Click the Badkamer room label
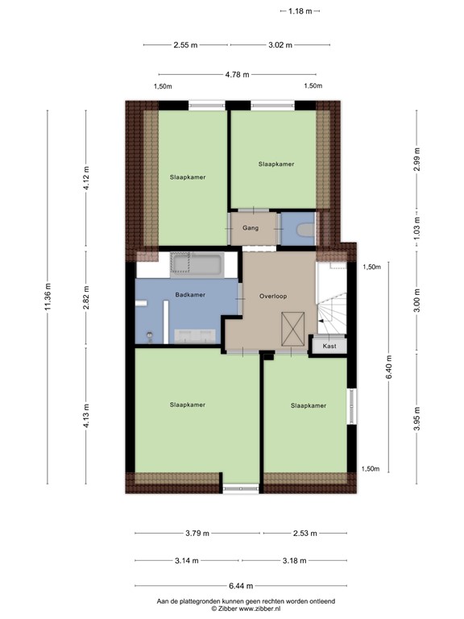coord(191,295)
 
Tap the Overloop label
coord(273,296)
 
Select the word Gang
coord(250,228)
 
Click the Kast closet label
coord(329,346)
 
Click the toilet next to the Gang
coord(304,231)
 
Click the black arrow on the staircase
coord(322,322)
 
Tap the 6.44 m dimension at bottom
coord(240,586)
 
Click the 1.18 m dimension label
coord(300,10)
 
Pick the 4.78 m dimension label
coord(237,74)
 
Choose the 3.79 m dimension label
coord(196,533)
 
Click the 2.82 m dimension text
coord(87,297)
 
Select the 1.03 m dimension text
coord(416,218)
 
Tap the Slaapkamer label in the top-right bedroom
coord(275,164)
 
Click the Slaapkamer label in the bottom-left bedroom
coord(188,404)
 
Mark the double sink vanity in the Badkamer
coord(195,338)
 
